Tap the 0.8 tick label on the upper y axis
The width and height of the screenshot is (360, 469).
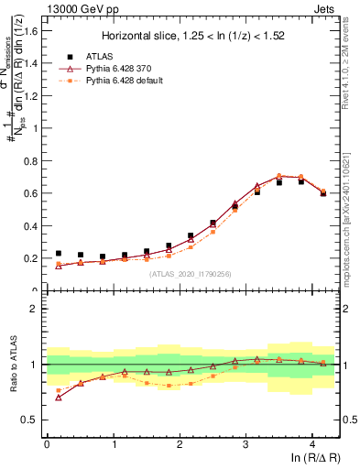tap(33, 160)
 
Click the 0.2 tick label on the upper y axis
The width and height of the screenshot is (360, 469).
tap(33, 258)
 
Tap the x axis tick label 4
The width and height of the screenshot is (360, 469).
tap(312, 444)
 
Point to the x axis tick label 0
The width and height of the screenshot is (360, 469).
tap(48, 444)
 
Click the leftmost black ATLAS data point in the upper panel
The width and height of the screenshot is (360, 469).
tap(59, 254)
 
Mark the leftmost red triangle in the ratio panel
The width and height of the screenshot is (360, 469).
tap(59, 398)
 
